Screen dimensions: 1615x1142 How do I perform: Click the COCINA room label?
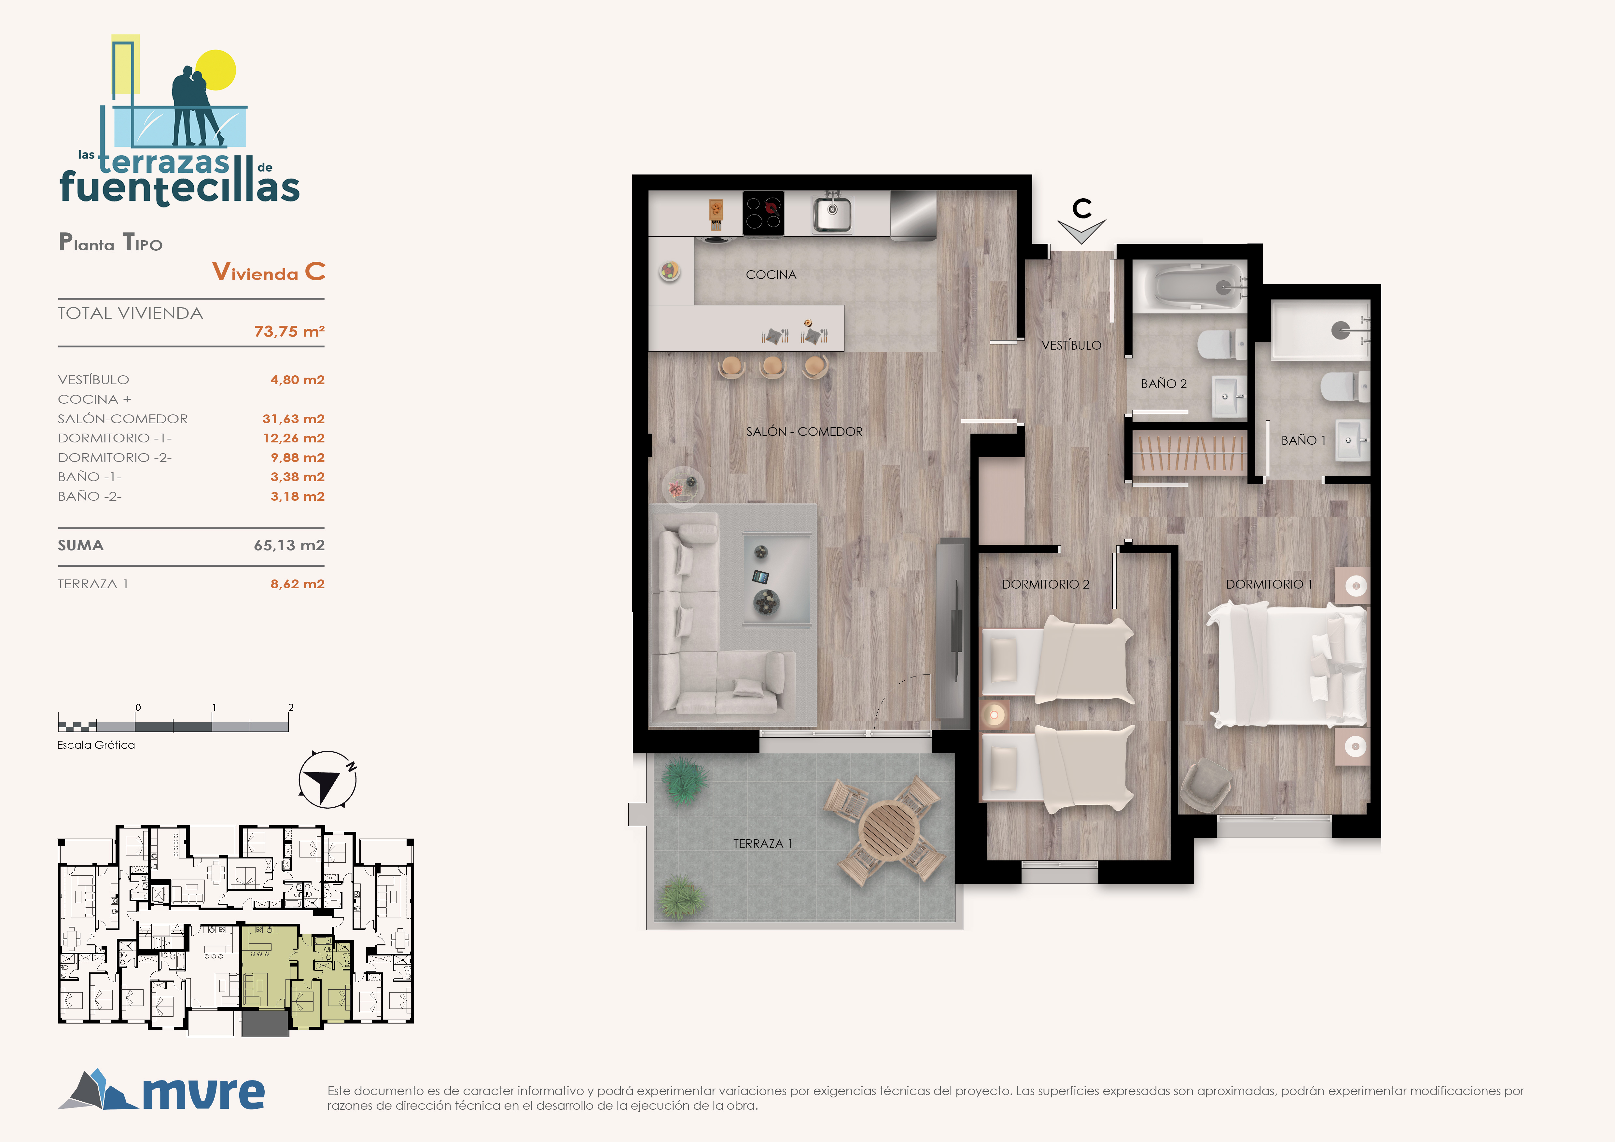point(771,275)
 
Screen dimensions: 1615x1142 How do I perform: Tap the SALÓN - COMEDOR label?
point(804,432)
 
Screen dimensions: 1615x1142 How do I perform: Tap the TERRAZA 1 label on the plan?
point(762,844)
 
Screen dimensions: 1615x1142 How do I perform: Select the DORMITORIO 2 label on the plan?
point(1045,584)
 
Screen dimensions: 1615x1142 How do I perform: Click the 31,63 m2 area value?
point(293,419)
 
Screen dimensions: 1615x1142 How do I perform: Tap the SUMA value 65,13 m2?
point(289,546)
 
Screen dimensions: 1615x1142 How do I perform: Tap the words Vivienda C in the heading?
point(269,272)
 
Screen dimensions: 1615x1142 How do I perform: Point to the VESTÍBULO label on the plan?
point(1071,345)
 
